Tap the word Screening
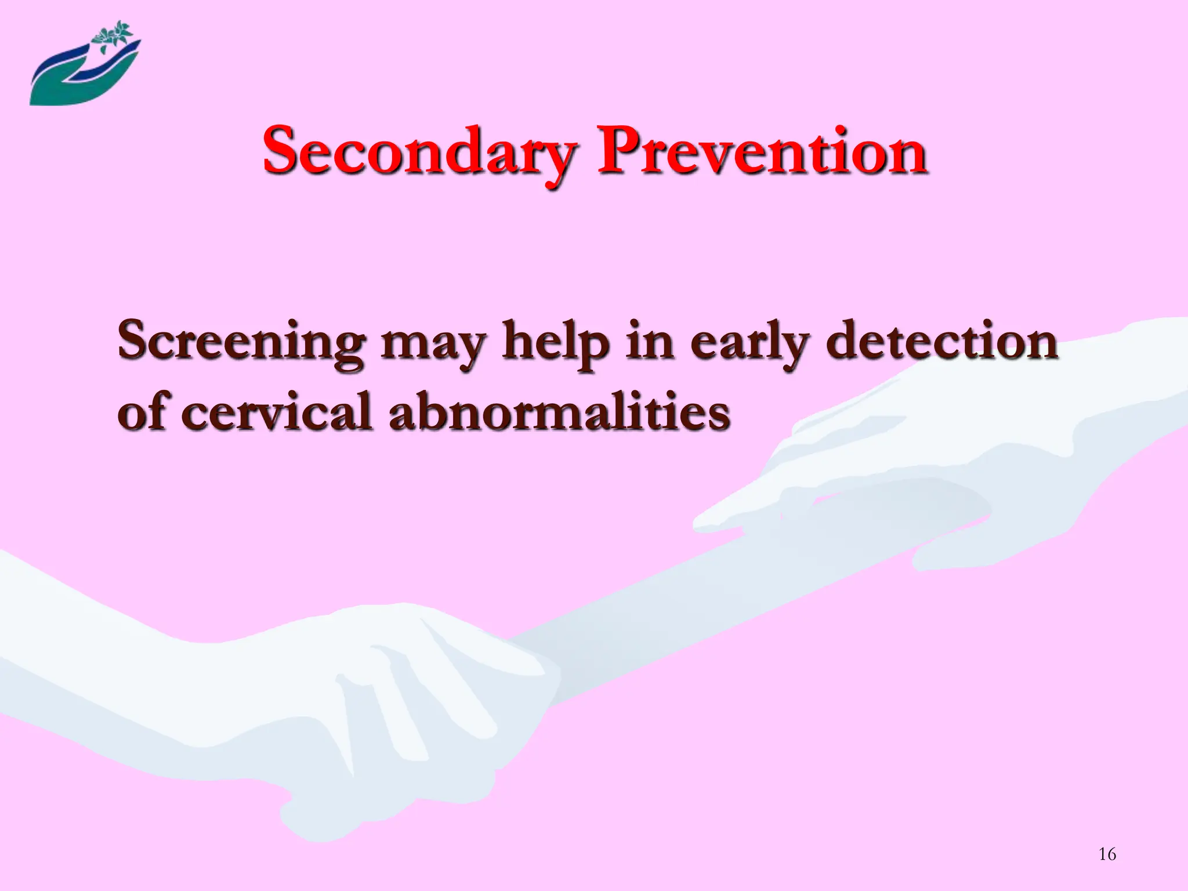coord(241,342)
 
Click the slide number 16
coord(1107,854)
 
